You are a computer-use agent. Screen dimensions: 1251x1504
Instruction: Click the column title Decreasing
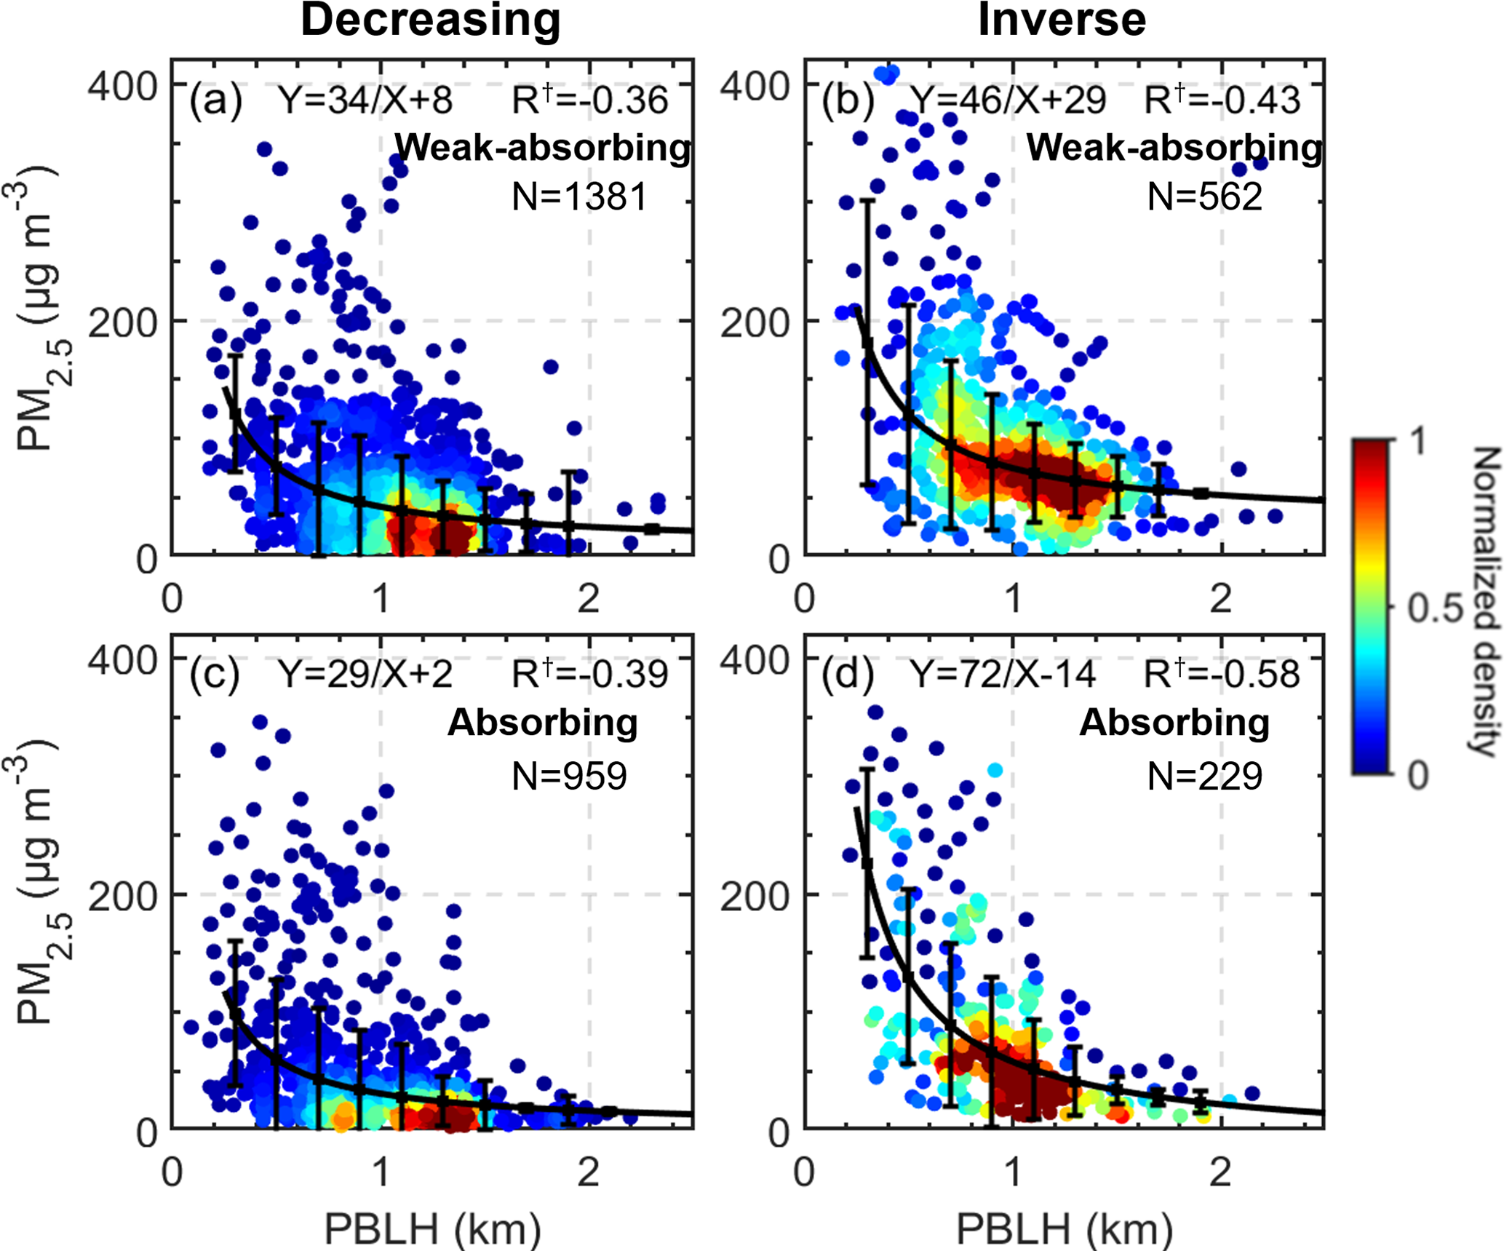point(431,20)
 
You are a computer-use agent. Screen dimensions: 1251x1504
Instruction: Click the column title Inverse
point(1062,20)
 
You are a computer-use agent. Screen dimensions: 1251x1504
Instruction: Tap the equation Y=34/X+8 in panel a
point(366,100)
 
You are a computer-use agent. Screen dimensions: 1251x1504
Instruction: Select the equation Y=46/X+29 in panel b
point(1008,100)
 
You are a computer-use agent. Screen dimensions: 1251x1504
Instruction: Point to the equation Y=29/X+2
point(366,674)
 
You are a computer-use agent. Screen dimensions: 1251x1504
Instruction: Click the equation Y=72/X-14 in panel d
point(1003,674)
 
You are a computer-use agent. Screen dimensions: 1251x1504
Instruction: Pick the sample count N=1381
point(579,196)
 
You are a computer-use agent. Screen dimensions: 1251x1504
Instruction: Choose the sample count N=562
point(1204,196)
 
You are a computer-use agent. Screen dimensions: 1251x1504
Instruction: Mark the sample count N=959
point(569,776)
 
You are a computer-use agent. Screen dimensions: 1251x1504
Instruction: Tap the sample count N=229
point(1204,776)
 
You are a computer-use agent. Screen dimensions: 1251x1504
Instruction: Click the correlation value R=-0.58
point(1222,674)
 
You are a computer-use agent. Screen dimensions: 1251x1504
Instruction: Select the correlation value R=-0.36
point(589,100)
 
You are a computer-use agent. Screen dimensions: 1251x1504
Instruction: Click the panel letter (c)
point(214,674)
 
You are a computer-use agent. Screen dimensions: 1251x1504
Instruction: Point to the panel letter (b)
point(847,100)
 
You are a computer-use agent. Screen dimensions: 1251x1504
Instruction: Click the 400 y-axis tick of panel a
point(122,86)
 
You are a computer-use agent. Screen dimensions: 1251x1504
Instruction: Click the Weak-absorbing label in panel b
point(1174,148)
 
